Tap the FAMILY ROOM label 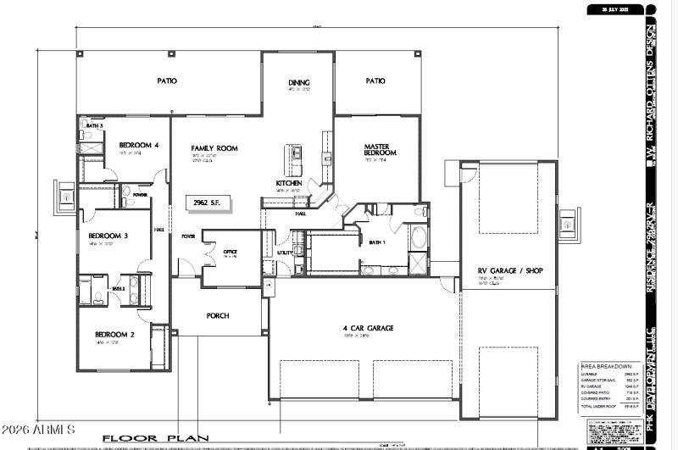214,148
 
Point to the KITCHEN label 289,183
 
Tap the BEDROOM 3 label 108,236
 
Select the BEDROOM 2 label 114,335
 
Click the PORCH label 218,315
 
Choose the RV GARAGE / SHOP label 510,271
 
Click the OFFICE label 230,252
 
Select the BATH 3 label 94,125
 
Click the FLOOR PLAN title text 155,438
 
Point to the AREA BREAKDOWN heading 607,367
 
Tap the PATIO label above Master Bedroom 375,81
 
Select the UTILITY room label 286,253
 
